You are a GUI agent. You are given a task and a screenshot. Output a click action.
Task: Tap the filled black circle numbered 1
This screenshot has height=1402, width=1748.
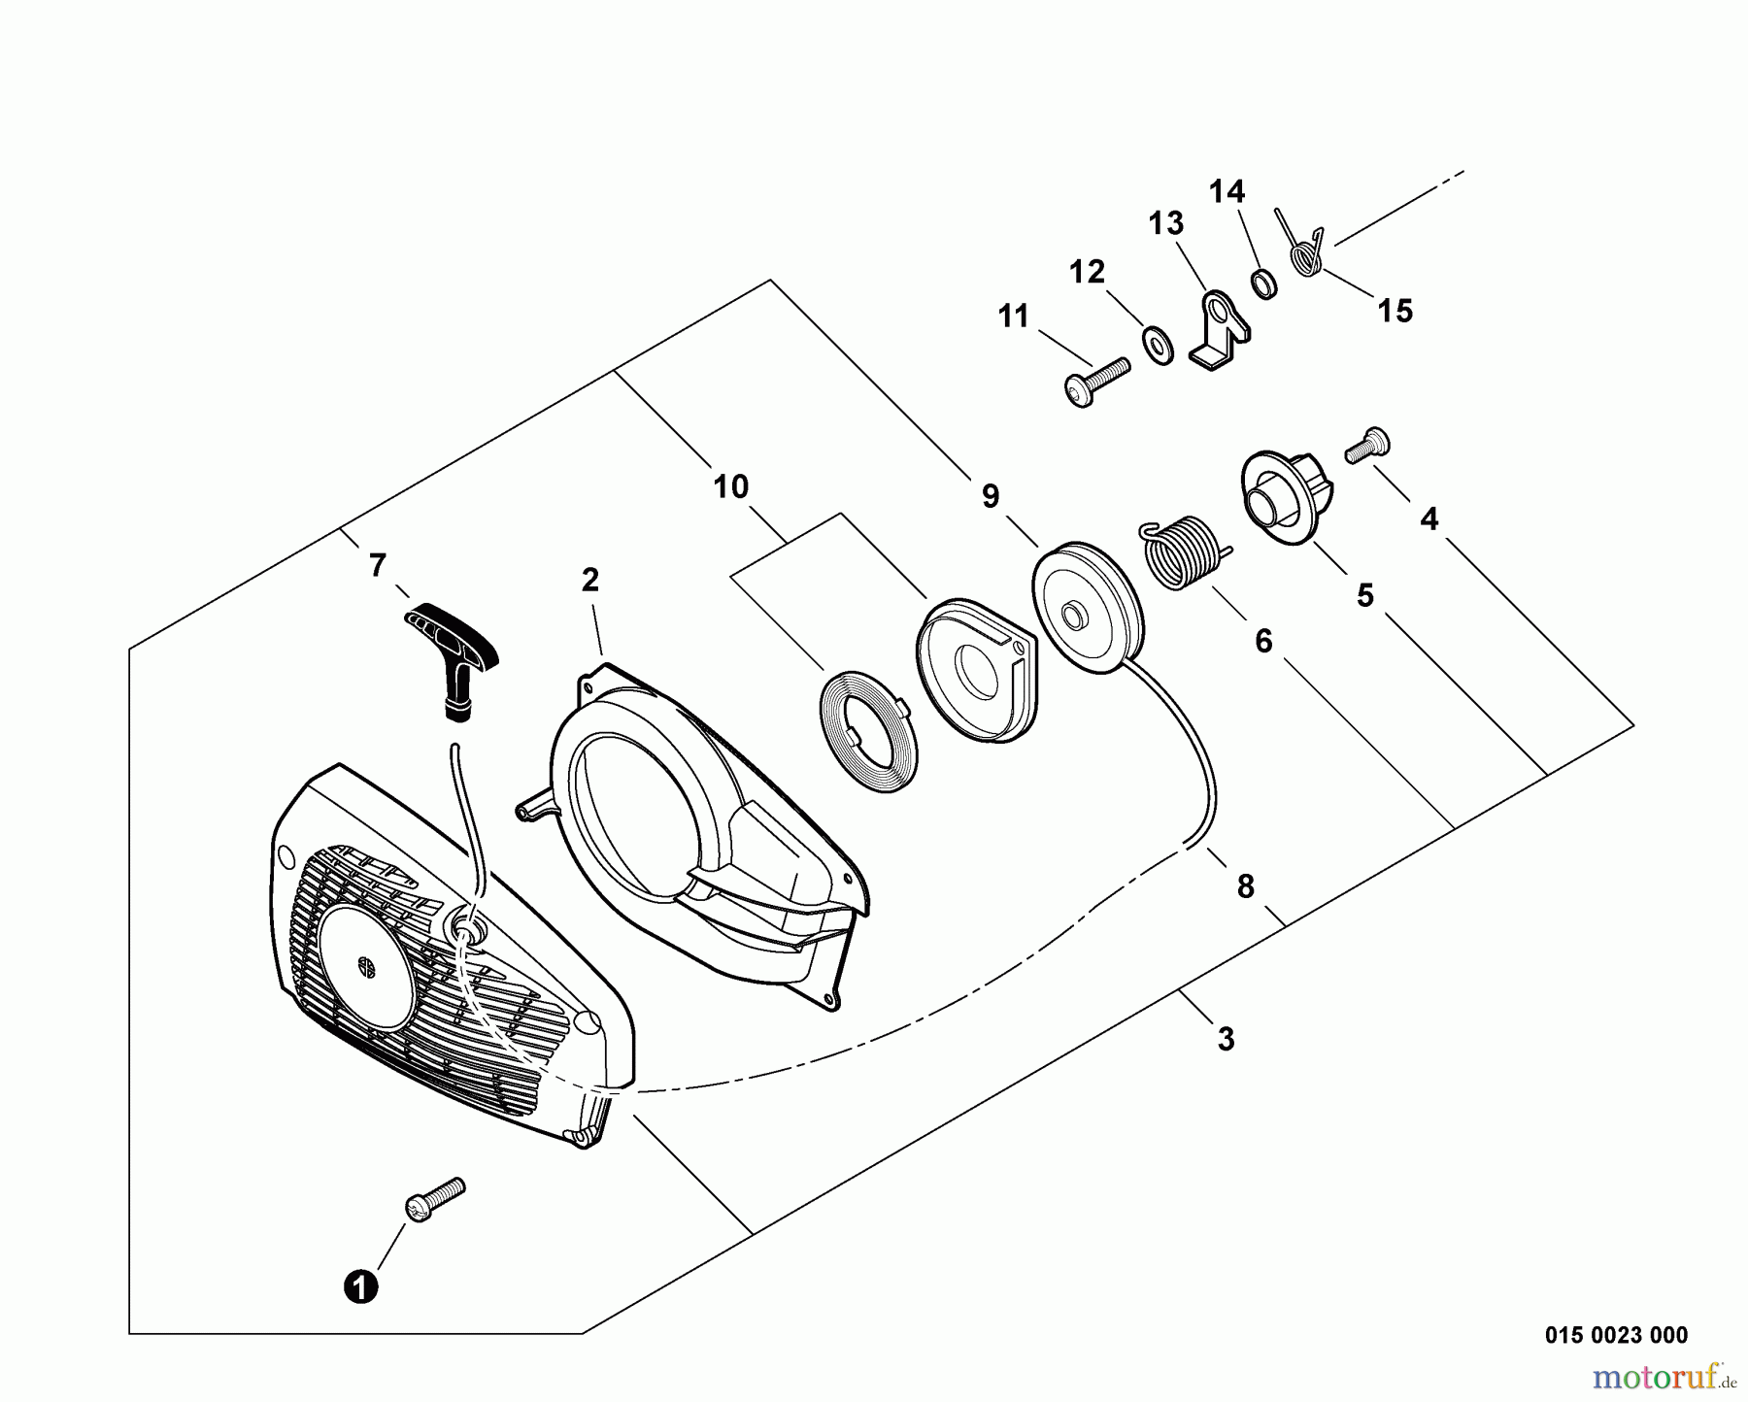360,1288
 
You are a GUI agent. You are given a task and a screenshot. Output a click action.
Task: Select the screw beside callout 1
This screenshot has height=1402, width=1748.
433,1199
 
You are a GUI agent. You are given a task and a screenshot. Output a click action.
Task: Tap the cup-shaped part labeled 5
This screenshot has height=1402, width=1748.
1284,490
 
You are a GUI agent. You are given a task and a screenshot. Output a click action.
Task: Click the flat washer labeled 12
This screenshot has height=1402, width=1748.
1157,345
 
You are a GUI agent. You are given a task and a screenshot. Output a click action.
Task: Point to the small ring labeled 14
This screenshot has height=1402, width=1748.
1262,284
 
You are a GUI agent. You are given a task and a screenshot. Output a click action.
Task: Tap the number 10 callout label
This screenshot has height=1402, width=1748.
731,486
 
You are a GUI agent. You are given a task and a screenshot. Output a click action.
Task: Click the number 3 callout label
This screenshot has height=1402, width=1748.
1226,1039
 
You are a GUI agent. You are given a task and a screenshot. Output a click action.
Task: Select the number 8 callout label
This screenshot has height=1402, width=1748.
1245,885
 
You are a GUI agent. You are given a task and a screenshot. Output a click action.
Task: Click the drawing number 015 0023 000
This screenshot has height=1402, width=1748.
1616,1335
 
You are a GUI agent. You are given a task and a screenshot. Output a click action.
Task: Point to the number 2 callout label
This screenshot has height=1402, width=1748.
589,580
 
